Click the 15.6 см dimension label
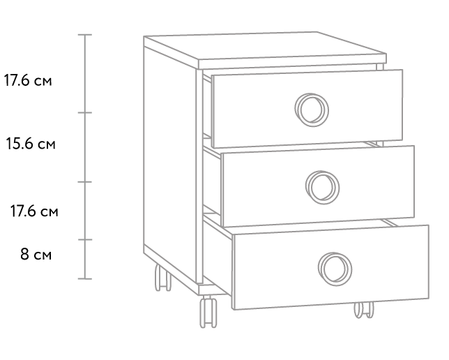click(x=31, y=143)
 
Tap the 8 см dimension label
click(x=36, y=254)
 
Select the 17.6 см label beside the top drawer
click(x=28, y=80)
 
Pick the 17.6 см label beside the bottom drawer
click(x=34, y=211)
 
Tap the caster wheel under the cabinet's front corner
click(x=208, y=312)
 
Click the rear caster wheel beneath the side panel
click(x=163, y=278)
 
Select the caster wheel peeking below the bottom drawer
click(x=364, y=310)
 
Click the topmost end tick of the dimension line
click(x=85, y=35)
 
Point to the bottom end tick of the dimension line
click(x=85, y=278)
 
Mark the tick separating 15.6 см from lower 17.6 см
click(x=85, y=181)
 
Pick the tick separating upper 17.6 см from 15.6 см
click(x=85, y=112)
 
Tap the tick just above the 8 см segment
click(x=85, y=239)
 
